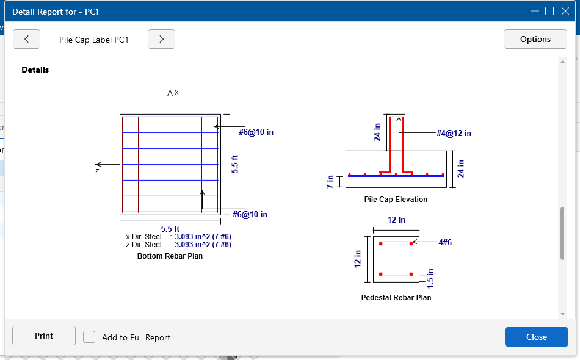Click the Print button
(44, 336)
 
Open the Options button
(535, 39)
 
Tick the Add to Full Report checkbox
(89, 337)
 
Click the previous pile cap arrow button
(26, 39)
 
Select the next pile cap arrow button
(161, 39)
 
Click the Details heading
(35, 70)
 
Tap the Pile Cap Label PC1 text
(94, 39)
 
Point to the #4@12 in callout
(454, 134)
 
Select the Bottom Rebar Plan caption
(170, 256)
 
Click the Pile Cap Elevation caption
(396, 200)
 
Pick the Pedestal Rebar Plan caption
(396, 298)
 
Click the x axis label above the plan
(176, 92)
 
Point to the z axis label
(97, 171)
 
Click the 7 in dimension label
(331, 181)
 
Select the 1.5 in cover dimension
(430, 278)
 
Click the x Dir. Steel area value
(203, 237)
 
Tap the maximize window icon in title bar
(549, 11)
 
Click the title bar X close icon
(565, 11)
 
